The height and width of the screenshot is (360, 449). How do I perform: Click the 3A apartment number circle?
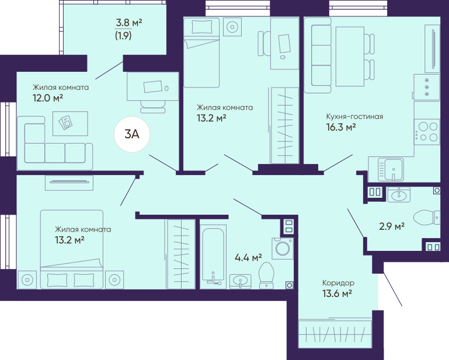pyautogui.click(x=132, y=134)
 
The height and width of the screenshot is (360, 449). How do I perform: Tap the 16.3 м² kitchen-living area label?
pyautogui.click(x=341, y=127)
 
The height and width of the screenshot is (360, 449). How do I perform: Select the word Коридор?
pyautogui.click(x=338, y=283)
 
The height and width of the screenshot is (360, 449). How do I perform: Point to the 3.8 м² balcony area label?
pyautogui.click(x=129, y=22)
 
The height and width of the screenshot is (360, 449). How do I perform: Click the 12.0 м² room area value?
pyautogui.click(x=47, y=98)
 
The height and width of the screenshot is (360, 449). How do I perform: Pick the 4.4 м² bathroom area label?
pyautogui.click(x=248, y=257)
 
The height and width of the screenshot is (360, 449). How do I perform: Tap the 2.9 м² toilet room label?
pyautogui.click(x=392, y=226)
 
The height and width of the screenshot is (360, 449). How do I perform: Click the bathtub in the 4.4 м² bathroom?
pyautogui.click(x=213, y=255)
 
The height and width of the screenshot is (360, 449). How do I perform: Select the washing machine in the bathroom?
pyautogui.click(x=283, y=249)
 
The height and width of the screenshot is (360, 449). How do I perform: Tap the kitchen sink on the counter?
pyautogui.click(x=391, y=170)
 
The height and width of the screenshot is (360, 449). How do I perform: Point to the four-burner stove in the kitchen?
pyautogui.click(x=427, y=132)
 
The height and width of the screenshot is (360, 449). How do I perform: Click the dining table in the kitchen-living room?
pyautogui.click(x=350, y=57)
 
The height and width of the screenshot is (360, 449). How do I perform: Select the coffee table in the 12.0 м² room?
pyautogui.click(x=70, y=124)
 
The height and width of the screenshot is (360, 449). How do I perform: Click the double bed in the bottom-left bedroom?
pyautogui.click(x=72, y=249)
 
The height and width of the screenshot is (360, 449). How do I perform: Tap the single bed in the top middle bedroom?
pyautogui.click(x=201, y=53)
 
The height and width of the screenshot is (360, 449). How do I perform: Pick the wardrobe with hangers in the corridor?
pyautogui.click(x=335, y=334)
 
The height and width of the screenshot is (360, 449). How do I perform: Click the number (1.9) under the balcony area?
pyautogui.click(x=123, y=36)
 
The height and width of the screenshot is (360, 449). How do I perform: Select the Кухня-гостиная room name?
pyautogui.click(x=355, y=117)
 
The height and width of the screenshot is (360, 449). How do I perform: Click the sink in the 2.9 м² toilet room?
pyautogui.click(x=399, y=195)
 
